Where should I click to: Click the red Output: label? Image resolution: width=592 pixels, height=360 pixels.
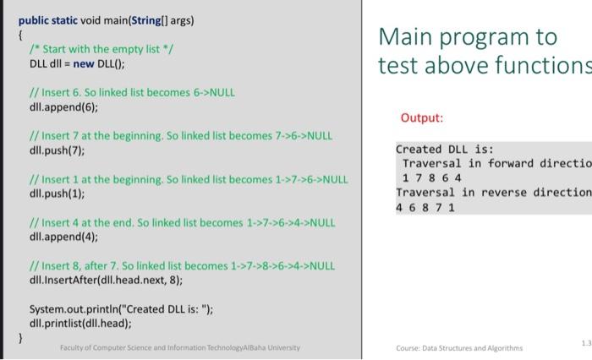pyautogui.click(x=422, y=117)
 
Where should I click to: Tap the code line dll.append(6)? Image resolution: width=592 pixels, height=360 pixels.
pyautogui.click(x=63, y=107)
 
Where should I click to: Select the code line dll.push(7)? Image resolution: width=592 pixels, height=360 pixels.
pyautogui.click(x=57, y=150)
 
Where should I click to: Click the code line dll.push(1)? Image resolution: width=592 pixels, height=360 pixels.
pyautogui.click(x=57, y=194)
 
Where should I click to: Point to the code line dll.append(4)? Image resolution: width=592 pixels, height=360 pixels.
pyautogui.click(x=63, y=237)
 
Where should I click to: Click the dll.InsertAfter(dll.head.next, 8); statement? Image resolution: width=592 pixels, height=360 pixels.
pyautogui.click(x=106, y=280)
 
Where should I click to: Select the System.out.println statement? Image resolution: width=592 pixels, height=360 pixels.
pyautogui.click(x=121, y=309)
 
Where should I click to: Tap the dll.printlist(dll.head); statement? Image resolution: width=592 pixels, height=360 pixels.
pyautogui.click(x=80, y=324)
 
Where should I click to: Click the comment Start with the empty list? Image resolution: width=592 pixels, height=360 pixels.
pyautogui.click(x=101, y=49)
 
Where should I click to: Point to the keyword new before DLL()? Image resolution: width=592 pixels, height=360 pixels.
pyautogui.click(x=84, y=63)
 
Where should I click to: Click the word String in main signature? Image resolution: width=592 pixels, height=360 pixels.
pyautogui.click(x=146, y=20)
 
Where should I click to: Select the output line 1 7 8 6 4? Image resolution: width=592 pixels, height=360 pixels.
pyautogui.click(x=432, y=177)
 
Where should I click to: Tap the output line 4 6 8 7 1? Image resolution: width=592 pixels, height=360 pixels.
pyautogui.click(x=425, y=207)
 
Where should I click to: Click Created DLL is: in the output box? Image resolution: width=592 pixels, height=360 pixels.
pyautogui.click(x=445, y=150)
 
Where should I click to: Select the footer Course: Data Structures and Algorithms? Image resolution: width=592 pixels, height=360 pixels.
pyautogui.click(x=459, y=348)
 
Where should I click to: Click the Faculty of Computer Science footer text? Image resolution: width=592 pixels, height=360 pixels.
pyautogui.click(x=180, y=347)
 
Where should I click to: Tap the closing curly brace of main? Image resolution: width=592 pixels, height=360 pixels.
pyautogui.click(x=20, y=337)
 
